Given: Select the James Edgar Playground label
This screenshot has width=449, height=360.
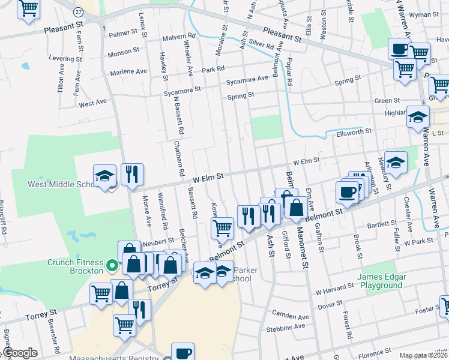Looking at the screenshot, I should pos(380,281).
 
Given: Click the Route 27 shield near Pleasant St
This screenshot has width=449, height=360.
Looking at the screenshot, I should pos(79,13).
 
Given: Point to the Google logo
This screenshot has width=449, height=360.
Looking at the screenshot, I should pos(20,353).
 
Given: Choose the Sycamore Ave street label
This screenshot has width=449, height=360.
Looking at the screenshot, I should pos(247,79).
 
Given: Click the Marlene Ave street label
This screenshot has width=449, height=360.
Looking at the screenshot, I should pos(128,71).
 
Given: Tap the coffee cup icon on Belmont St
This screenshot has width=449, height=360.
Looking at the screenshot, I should pos(348,193).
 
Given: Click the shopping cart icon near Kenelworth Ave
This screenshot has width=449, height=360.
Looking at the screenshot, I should pos(223,227).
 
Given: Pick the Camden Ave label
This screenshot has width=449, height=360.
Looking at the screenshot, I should pos(291,316).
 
